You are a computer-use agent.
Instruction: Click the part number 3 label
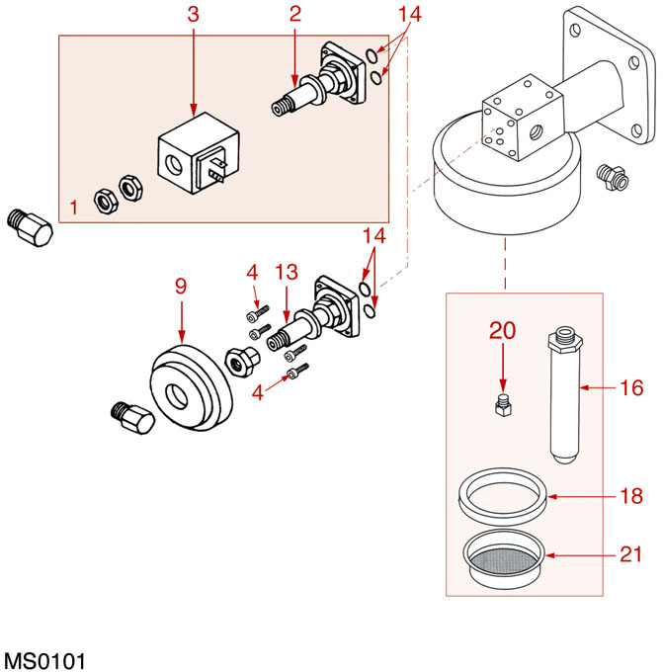point(193,15)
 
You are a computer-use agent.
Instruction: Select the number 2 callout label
point(293,15)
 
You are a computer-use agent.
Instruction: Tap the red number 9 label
point(181,287)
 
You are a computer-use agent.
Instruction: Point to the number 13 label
point(286,273)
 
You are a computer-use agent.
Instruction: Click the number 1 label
point(75,208)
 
